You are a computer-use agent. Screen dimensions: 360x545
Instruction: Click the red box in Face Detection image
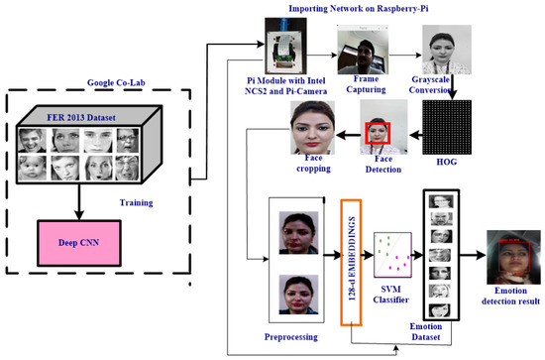pyautogui.click(x=378, y=131)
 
